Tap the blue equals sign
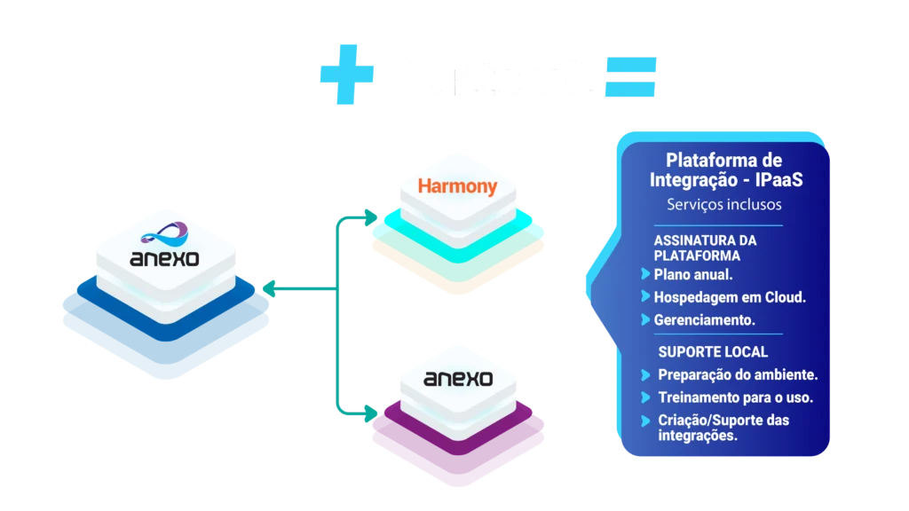tap(631, 77)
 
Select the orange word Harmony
tap(456, 187)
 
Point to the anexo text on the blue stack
tap(165, 260)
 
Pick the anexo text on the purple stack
tap(458, 379)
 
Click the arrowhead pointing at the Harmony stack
tap(369, 216)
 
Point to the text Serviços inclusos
tap(723, 205)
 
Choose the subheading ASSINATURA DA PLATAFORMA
tap(705, 248)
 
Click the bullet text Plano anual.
tap(693, 274)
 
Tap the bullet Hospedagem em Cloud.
tap(730, 297)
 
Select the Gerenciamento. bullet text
tap(705, 319)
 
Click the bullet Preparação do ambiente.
tap(738, 374)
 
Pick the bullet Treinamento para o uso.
tap(735, 397)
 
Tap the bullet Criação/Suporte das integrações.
tap(723, 428)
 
